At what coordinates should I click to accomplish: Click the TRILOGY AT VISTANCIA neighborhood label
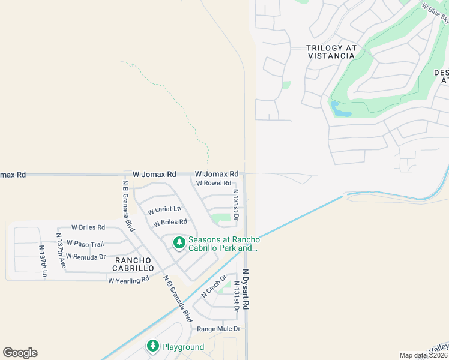[331, 52]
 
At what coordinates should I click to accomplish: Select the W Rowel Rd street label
[213, 183]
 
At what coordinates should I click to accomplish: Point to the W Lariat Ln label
[164, 209]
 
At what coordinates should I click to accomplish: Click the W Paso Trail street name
[85, 243]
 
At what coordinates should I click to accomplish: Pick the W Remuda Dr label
[85, 256]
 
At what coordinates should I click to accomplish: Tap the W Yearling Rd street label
[128, 280]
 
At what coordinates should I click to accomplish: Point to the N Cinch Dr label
[214, 286]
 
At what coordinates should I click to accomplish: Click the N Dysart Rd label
[246, 289]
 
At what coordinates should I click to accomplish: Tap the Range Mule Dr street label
[218, 329]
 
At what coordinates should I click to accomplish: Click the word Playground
[184, 347]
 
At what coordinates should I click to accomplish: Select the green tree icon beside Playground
[153, 346]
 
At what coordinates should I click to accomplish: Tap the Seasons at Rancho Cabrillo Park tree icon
[179, 243]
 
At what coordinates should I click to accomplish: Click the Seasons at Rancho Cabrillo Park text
[223, 243]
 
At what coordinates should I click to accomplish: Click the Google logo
[20, 353]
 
